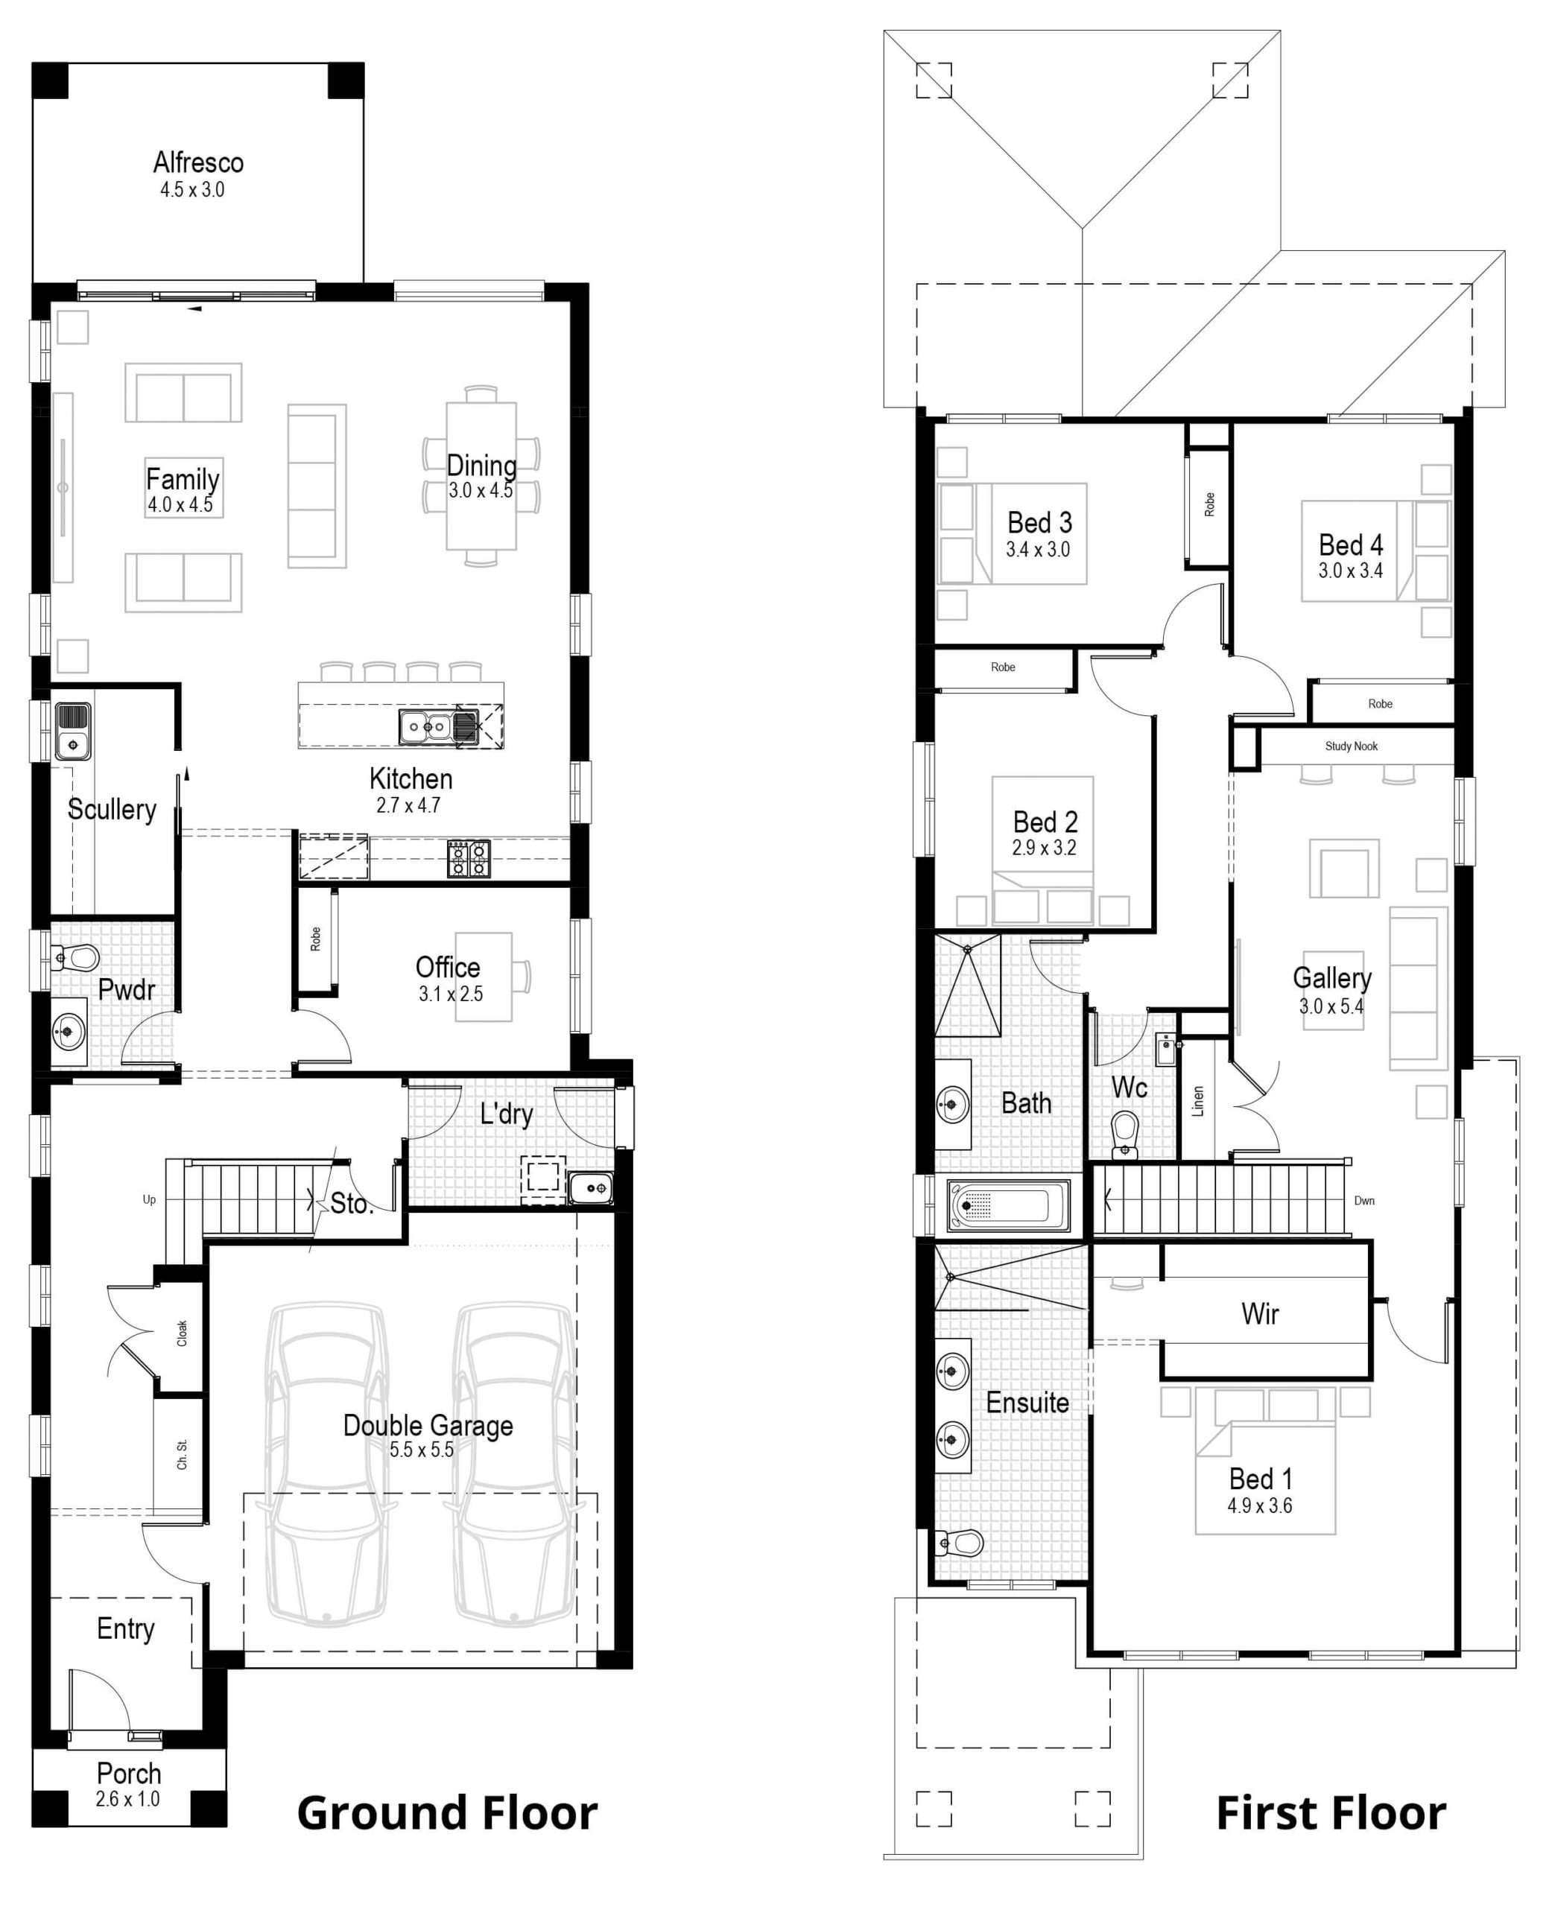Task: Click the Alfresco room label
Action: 197,162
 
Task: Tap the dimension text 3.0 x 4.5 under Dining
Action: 480,491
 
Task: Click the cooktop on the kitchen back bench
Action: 469,858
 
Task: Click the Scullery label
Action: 113,809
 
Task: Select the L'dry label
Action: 506,1114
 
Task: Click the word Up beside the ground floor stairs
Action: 149,1199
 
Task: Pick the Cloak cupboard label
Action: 182,1333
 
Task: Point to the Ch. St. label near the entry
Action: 182,1454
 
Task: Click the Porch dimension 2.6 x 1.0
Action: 127,1799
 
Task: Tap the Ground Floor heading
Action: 447,1814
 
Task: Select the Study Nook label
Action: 1350,746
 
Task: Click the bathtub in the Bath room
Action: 1009,1205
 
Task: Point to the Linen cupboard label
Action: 1198,1101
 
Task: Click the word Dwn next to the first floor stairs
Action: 1363,1200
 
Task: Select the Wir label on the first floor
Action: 1259,1313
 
